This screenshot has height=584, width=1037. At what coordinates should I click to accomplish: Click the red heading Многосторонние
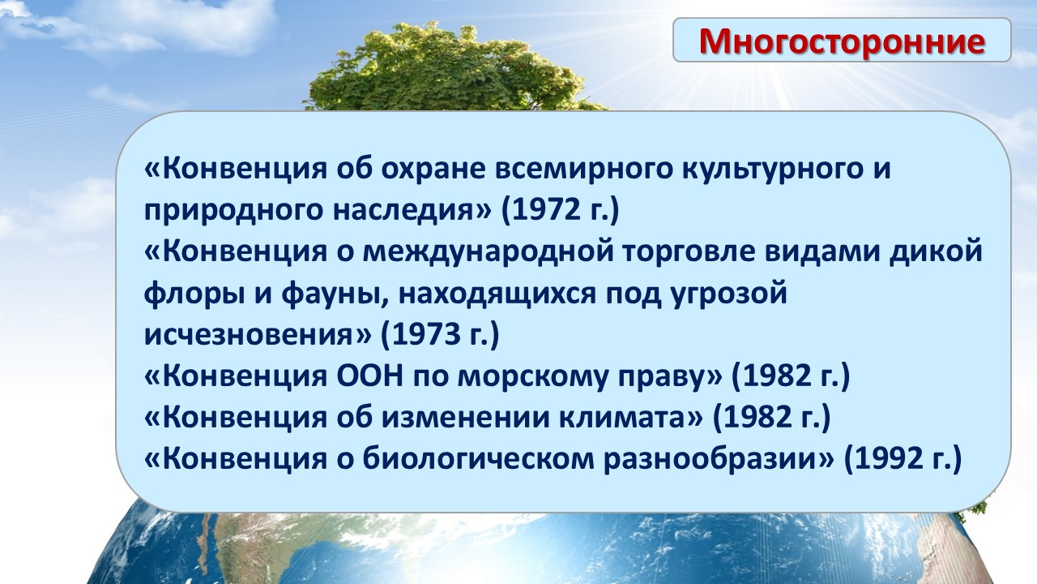[x=842, y=41]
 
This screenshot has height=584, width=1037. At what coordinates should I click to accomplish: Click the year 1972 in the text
[x=540, y=210]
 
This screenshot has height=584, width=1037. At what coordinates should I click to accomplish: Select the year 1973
[x=420, y=335]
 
